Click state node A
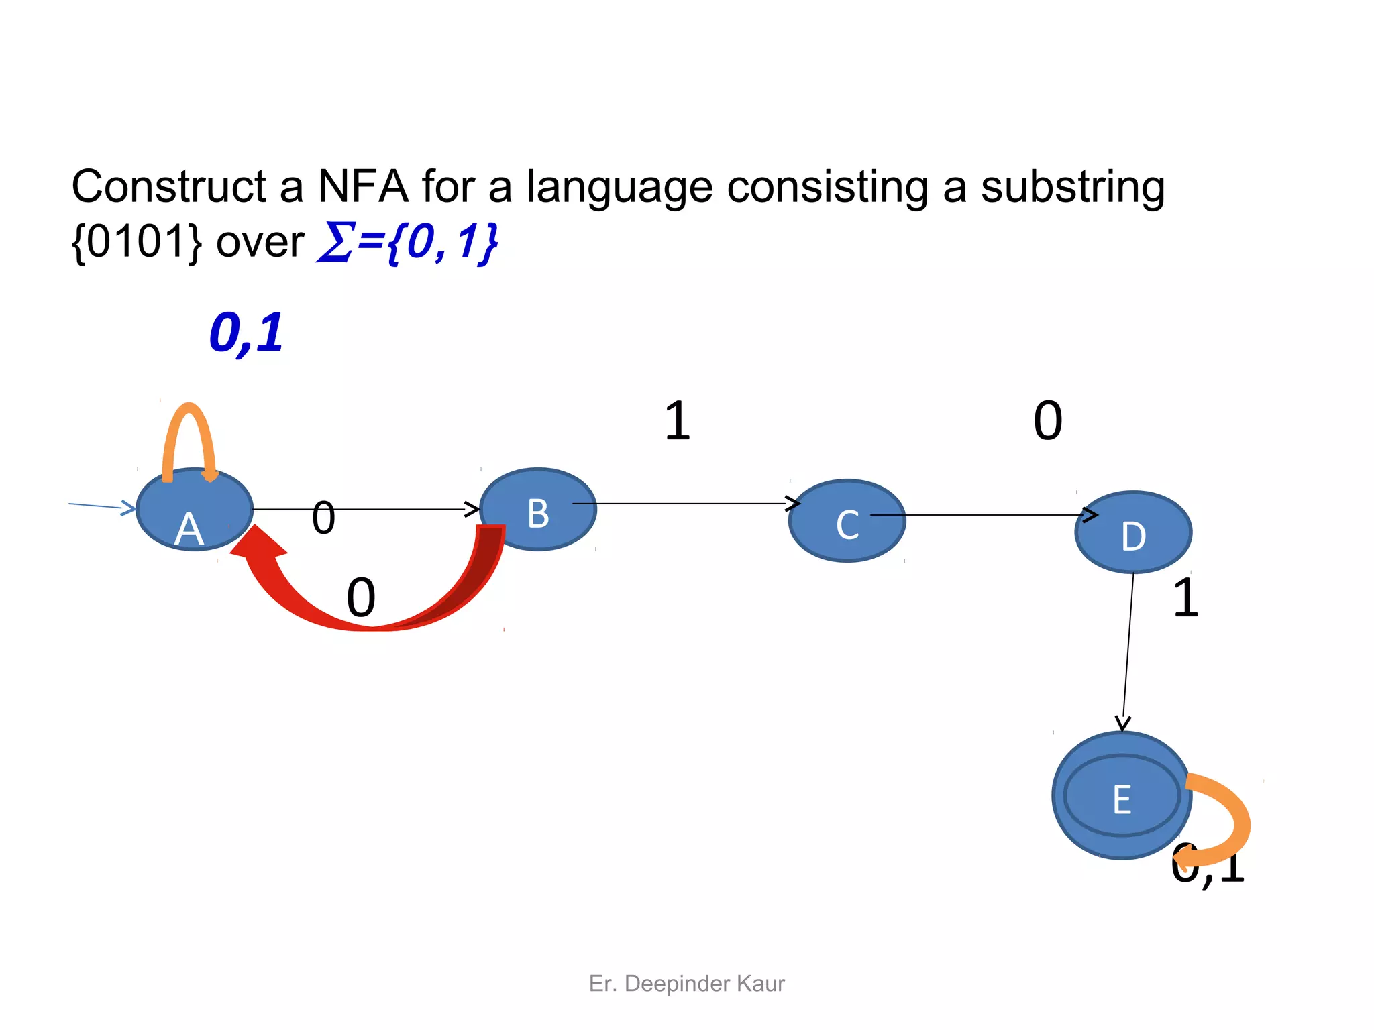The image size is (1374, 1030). click(x=194, y=510)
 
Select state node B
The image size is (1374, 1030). click(x=538, y=510)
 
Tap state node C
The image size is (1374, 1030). click(x=847, y=521)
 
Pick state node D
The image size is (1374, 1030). click(x=1133, y=532)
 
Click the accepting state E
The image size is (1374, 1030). click(x=1121, y=795)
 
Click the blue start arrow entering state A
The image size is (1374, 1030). click(x=101, y=506)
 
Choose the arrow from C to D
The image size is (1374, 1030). click(x=980, y=515)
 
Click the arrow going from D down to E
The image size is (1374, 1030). click(x=1128, y=650)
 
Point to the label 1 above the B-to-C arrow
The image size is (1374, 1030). click(x=677, y=421)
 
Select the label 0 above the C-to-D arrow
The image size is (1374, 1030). click(x=1047, y=421)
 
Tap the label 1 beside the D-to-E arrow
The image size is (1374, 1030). click(x=1185, y=597)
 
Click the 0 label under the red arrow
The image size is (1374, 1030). click(x=360, y=597)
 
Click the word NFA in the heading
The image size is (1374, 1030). click(x=362, y=186)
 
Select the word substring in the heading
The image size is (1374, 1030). click(x=1072, y=186)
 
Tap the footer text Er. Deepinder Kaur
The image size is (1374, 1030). click(x=686, y=983)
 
